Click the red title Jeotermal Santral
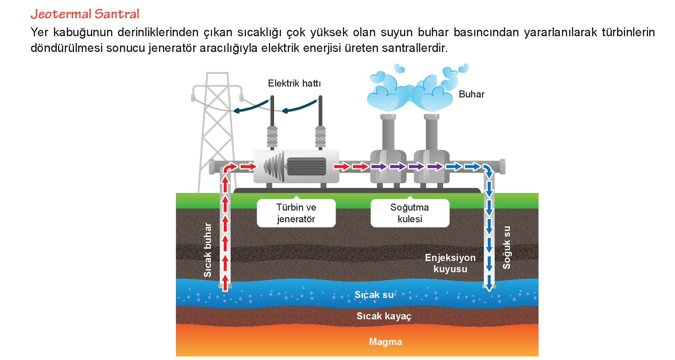coord(85,14)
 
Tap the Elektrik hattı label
coord(294,83)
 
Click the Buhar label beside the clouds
coord(471,94)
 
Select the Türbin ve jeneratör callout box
coord(296,213)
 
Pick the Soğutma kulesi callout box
coord(410,213)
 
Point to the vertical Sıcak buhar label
coord(208,250)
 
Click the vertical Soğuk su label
coord(507,247)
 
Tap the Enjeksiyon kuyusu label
coord(450,263)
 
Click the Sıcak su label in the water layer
coord(374,295)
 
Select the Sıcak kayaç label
coord(384,316)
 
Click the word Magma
coord(386,342)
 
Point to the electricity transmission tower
coord(217,129)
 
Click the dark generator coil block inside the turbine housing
coord(306,166)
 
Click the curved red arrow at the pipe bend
coord(230,167)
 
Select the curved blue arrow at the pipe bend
coord(488,171)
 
